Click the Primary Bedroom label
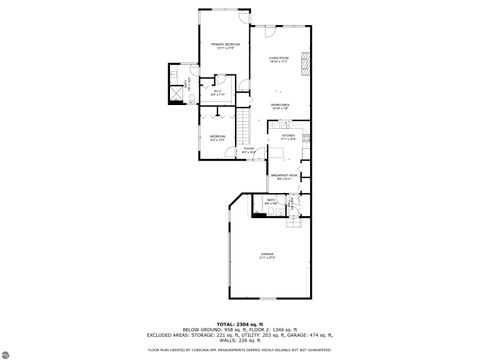click(224, 46)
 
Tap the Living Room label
click(278, 61)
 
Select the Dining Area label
click(281, 105)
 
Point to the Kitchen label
click(287, 137)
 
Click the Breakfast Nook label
click(285, 177)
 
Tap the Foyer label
click(248, 152)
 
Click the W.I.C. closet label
click(216, 93)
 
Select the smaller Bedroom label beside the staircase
click(216, 137)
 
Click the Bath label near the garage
click(270, 201)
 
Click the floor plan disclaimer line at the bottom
click(240, 351)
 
